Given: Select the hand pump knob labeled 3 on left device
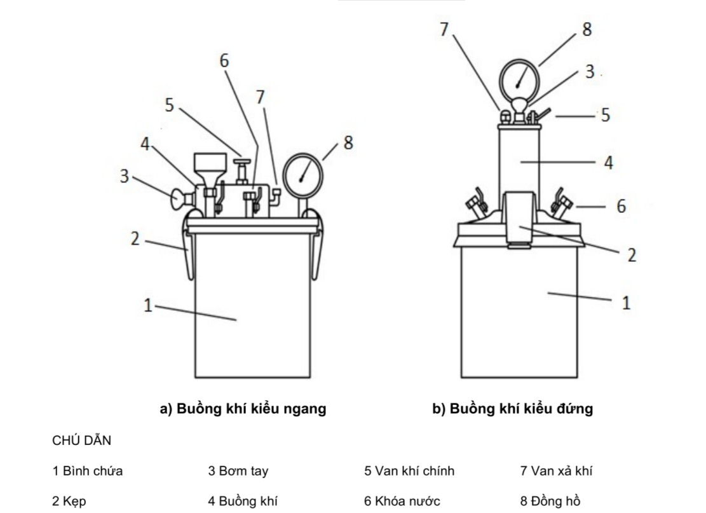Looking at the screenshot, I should [x=175, y=199].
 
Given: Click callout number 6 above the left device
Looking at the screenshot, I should [x=224, y=61].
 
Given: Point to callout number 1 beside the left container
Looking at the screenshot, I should [x=147, y=306].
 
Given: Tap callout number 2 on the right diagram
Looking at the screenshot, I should [x=631, y=256].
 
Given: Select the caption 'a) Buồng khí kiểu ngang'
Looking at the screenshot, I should [x=243, y=409].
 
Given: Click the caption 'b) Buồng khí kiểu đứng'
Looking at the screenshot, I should [x=512, y=409].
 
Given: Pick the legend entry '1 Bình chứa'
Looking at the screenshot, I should [x=88, y=471].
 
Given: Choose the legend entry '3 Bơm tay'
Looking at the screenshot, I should [x=238, y=471].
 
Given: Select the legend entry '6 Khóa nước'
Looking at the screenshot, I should [x=402, y=501].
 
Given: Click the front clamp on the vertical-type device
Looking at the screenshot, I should [x=519, y=219].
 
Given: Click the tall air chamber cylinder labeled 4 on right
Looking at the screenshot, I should [x=519, y=159].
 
